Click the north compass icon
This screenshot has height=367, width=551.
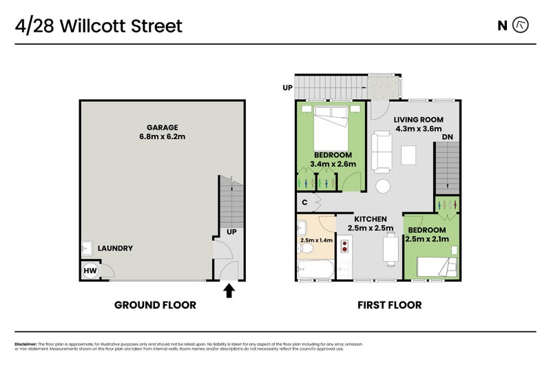click(521, 25)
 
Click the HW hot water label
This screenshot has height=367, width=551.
click(90, 271)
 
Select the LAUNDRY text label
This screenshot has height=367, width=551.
click(115, 248)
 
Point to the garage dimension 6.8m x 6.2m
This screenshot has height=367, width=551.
click(162, 137)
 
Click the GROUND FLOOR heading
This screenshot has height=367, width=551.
click(155, 305)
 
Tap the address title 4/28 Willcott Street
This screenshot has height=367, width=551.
click(98, 26)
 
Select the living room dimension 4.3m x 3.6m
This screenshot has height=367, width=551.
click(418, 129)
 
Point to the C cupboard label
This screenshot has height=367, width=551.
click(305, 202)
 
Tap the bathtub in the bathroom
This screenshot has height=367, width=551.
click(315, 269)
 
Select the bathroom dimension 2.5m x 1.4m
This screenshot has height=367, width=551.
click(317, 240)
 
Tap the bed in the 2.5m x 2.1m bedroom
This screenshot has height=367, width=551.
click(432, 264)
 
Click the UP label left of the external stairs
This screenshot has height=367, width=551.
click(287, 87)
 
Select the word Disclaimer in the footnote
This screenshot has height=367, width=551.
click(25, 344)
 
